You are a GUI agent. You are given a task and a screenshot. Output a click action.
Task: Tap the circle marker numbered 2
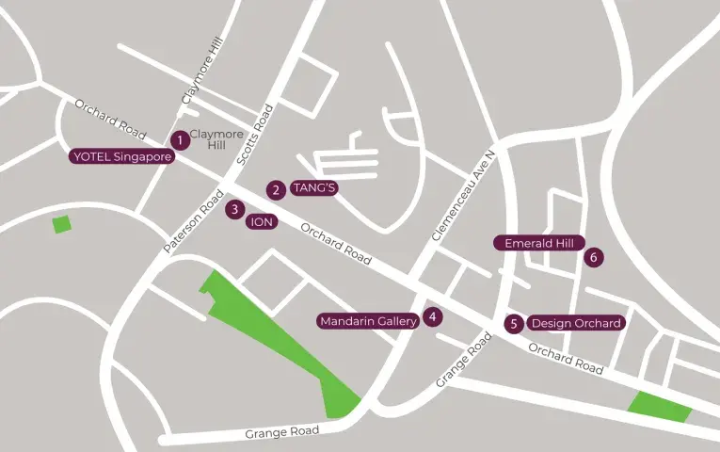pos(276,189)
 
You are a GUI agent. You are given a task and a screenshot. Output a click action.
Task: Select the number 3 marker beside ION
pos(234,209)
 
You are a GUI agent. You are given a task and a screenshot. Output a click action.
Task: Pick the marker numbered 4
pos(432,317)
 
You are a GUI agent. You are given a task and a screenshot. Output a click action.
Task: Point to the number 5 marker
pos(513,324)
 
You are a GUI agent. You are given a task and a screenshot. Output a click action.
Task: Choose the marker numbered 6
pos(593,256)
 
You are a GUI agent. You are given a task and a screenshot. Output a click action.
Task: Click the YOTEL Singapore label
pos(122,157)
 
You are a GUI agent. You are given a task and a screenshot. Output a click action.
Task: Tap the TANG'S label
pos(314,187)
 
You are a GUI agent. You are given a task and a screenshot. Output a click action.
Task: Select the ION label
pos(263,222)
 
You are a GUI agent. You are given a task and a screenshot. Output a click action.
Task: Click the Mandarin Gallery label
pos(368,321)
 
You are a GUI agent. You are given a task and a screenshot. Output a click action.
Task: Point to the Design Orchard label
pos(576,323)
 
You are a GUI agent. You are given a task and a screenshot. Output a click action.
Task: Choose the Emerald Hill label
pos(539,243)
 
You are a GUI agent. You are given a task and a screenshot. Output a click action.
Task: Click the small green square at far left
pos(62,224)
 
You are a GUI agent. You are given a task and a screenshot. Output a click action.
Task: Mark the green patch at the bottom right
pos(660,406)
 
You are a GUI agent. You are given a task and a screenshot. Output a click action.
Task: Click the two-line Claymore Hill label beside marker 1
pos(216,139)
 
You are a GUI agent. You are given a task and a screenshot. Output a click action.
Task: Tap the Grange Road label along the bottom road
pos(282,432)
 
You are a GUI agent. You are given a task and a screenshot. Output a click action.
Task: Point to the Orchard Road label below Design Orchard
pos(566,358)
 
